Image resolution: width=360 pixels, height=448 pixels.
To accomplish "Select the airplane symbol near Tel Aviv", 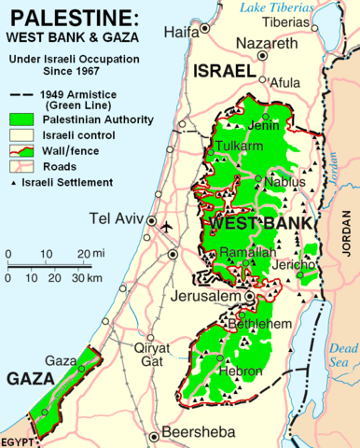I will click(167, 227).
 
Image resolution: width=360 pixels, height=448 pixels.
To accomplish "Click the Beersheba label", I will click(199, 432).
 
